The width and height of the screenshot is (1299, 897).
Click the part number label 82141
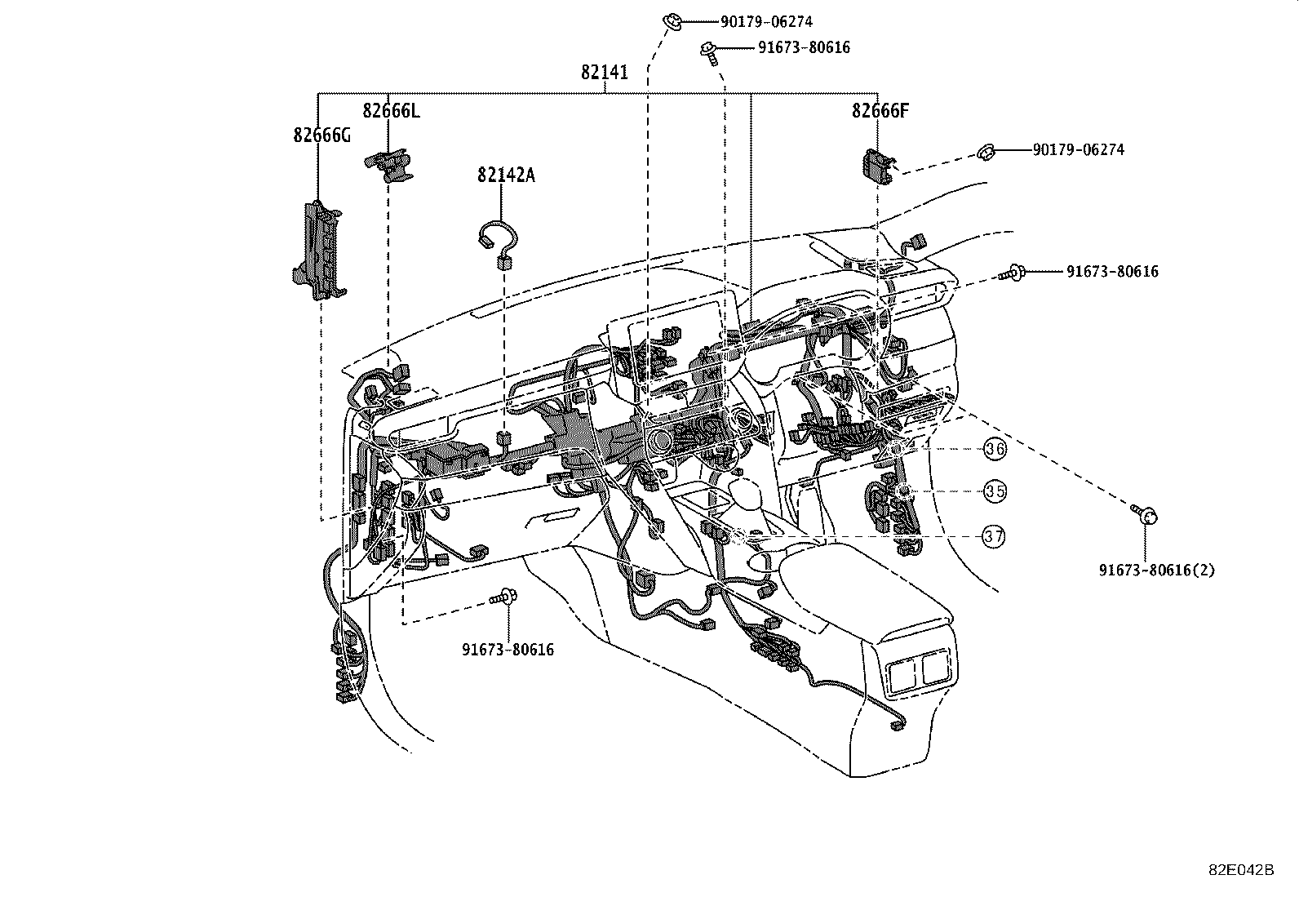[x=605, y=73]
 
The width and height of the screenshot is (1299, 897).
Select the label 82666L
[x=392, y=111]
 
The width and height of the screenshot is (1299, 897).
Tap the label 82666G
[x=321, y=135]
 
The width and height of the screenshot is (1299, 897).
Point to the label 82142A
[x=506, y=175]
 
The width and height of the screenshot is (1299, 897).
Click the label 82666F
[x=880, y=111]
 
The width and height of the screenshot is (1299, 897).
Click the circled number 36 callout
[x=995, y=448]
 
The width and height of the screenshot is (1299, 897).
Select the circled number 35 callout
[x=995, y=491]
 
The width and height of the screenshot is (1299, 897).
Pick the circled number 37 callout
[x=993, y=536]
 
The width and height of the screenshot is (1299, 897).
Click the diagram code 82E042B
[x=1241, y=870]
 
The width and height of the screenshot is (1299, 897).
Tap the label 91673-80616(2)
[x=1156, y=570]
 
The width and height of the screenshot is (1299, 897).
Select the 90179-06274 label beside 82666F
[x=1078, y=150]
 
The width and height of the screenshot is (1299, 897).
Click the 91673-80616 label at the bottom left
[x=508, y=650]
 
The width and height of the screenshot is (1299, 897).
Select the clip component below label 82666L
[x=389, y=164]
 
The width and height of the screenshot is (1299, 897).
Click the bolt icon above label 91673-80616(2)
[x=1146, y=514]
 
